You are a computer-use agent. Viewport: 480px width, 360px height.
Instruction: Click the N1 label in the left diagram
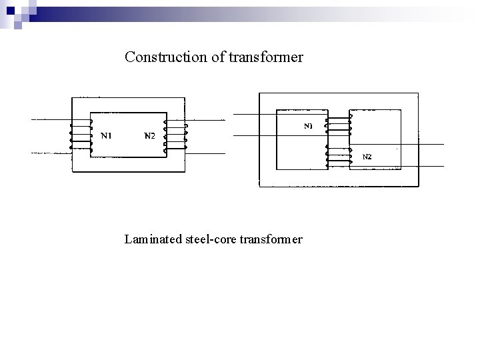105,137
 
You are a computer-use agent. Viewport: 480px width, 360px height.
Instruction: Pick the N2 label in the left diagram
149,137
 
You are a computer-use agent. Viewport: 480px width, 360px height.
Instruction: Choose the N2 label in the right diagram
367,157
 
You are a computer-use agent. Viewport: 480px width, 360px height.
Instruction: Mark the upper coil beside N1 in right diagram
338,124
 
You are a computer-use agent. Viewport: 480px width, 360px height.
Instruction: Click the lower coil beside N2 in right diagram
338,157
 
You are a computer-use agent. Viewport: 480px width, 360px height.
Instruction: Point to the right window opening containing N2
375,141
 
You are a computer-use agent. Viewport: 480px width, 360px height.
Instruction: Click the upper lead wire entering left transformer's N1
50,120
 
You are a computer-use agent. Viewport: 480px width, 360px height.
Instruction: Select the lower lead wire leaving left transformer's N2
207,153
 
